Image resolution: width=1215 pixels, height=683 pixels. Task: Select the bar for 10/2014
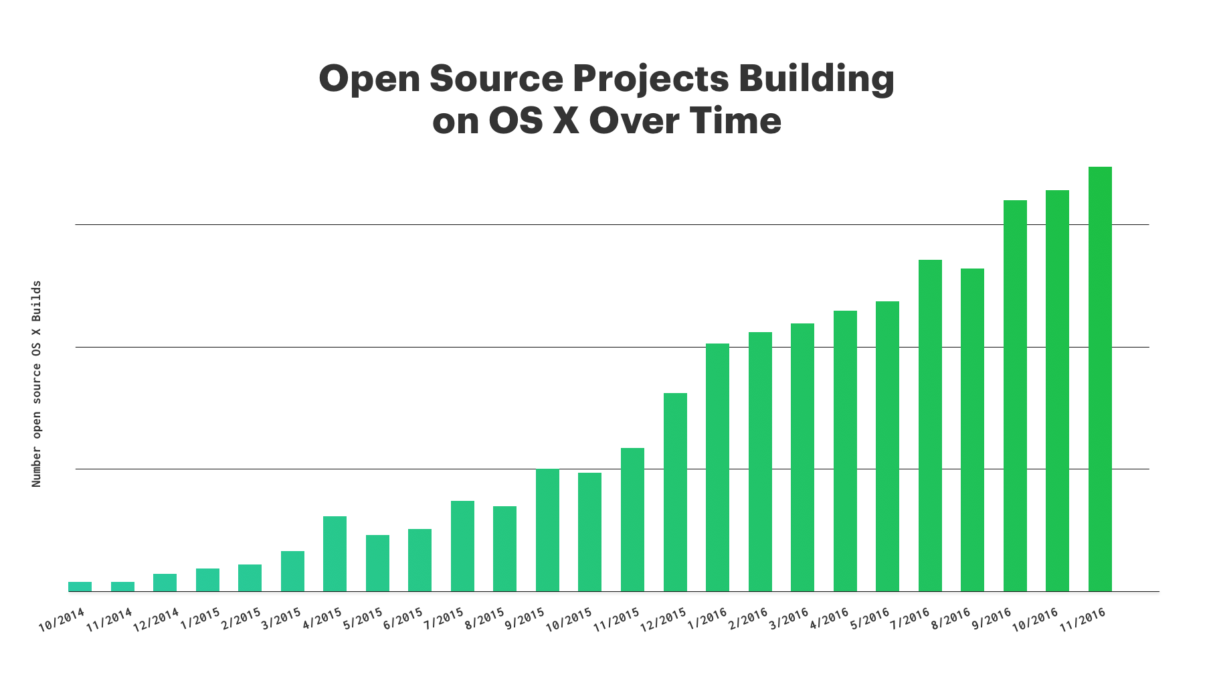coord(80,587)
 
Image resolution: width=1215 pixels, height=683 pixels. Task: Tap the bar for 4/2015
coord(335,554)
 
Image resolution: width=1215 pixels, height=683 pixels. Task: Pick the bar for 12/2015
coord(675,492)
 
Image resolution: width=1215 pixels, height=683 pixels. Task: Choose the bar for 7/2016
coord(930,425)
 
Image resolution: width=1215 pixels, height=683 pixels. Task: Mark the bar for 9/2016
coord(1015,396)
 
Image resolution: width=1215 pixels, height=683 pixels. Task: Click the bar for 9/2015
coord(547,530)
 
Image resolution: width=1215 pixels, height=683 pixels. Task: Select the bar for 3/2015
coord(292,571)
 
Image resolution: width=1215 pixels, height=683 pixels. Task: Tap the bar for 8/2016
coord(972,430)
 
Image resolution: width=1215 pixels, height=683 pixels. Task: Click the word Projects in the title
coord(650,80)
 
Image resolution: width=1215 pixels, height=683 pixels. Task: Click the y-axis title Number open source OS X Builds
coord(37,384)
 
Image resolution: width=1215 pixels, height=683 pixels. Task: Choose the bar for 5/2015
coord(377,563)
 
